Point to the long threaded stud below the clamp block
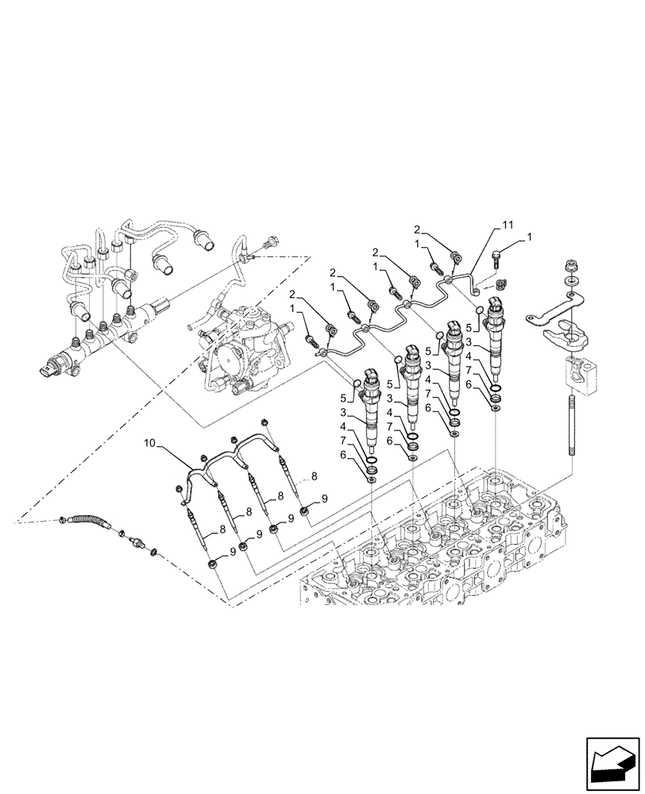571,429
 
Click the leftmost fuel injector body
371,405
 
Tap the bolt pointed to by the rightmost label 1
498,256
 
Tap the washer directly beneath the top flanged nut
571,282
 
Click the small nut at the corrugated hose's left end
63,521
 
